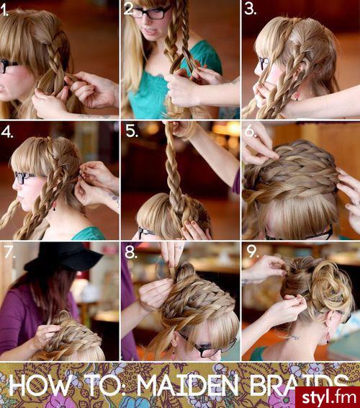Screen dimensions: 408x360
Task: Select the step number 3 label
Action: click(x=251, y=10)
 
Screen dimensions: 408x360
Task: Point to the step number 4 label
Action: click(x=8, y=132)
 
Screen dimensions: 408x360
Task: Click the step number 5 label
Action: click(x=130, y=132)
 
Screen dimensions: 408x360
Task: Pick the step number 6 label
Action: click(x=251, y=132)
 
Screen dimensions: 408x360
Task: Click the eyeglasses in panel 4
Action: click(x=23, y=177)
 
